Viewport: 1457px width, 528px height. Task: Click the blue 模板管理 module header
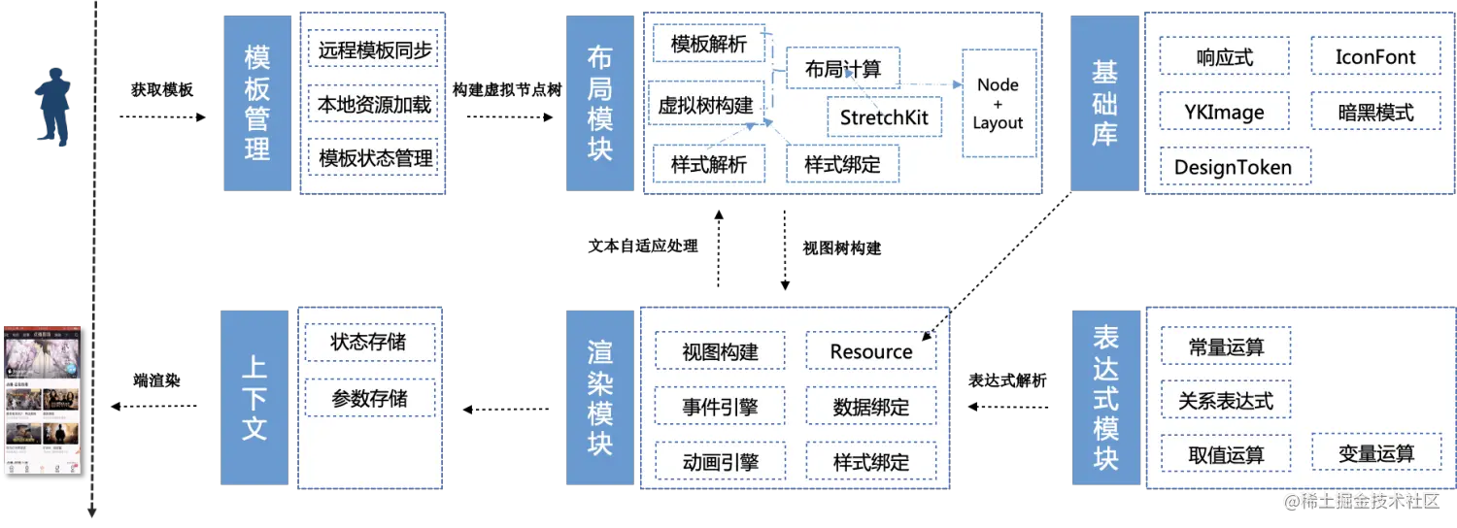tap(256, 103)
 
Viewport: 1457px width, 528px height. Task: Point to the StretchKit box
tap(884, 118)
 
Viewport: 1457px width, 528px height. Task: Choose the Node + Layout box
tap(998, 103)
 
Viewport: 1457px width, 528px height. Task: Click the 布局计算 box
tap(842, 69)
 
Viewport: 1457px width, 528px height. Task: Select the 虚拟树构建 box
tap(706, 105)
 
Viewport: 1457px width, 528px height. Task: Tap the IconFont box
tap(1375, 57)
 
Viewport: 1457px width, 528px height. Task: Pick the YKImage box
tap(1224, 112)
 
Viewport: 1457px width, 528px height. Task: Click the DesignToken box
tap(1234, 166)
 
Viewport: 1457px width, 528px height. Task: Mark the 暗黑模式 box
tap(1375, 112)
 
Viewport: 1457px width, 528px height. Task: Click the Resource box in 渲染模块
tap(871, 351)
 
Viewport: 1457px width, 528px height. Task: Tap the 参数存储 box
tap(369, 398)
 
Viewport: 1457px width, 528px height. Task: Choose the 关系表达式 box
tap(1226, 400)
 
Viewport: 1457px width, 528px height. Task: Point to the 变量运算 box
tap(1375, 453)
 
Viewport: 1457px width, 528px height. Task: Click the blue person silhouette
tap(54, 106)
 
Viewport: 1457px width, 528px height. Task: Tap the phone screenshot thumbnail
tap(42, 398)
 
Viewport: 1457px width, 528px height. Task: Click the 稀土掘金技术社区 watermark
tap(1359, 500)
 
